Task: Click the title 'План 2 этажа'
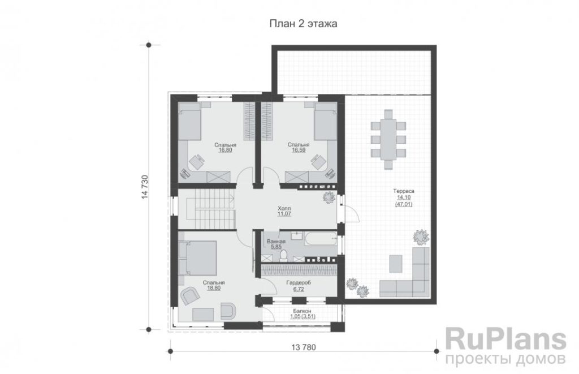(303, 24)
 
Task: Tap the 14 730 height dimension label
(145, 187)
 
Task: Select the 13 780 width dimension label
(304, 347)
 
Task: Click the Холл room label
(284, 208)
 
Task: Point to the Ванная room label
(276, 242)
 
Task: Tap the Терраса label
(404, 191)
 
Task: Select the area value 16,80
(225, 151)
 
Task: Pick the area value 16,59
(299, 151)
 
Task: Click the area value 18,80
(214, 288)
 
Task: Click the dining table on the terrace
(388, 139)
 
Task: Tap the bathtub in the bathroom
(321, 240)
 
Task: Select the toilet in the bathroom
(284, 255)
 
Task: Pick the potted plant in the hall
(329, 197)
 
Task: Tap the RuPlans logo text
(505, 340)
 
